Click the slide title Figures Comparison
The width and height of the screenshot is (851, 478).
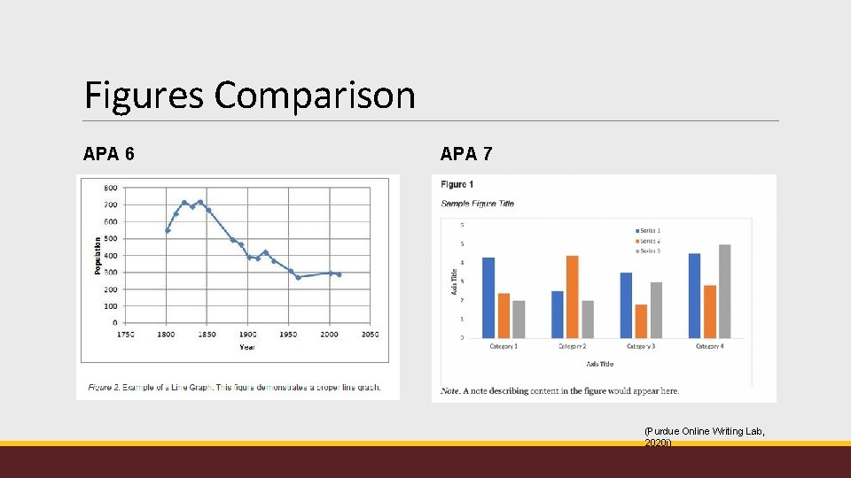tap(249, 95)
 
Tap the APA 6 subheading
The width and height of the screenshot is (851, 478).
tap(109, 154)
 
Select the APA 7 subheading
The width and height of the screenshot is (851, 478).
tap(466, 154)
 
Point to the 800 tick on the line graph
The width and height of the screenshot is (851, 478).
tap(110, 188)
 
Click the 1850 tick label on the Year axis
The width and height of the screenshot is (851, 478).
tap(207, 335)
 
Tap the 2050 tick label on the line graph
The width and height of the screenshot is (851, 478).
tap(370, 335)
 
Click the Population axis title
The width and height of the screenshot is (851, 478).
tap(97, 255)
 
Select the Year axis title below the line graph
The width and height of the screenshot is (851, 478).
tap(247, 347)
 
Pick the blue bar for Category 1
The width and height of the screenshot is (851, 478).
tap(488, 297)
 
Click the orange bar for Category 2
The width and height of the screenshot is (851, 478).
tap(572, 297)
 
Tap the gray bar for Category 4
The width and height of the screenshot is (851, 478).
tap(725, 291)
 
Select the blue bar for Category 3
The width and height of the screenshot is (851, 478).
tap(626, 305)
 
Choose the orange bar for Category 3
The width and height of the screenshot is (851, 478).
tap(641, 320)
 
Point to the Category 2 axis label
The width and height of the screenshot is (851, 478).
tap(572, 346)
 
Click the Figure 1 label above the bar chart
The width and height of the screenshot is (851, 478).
tap(457, 184)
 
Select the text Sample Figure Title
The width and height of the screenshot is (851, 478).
tap(477, 204)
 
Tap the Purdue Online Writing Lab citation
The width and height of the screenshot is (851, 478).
tap(704, 436)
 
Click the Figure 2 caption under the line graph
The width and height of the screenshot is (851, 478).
tap(234, 388)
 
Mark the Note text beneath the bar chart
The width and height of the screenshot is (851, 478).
tap(560, 390)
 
